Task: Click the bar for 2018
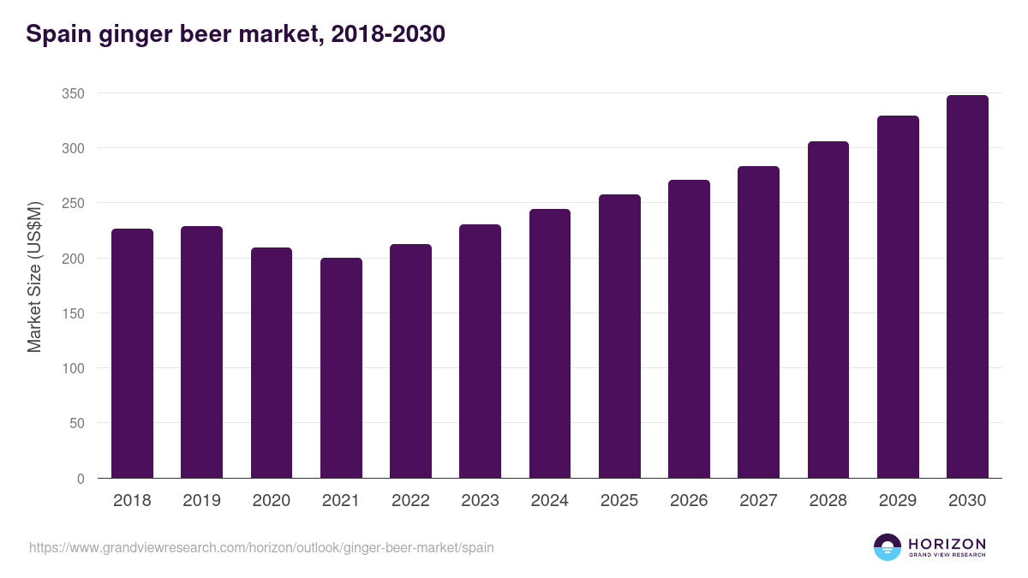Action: coord(132,353)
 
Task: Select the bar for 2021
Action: coord(341,367)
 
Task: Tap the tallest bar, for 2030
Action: coord(967,286)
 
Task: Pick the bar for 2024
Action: coord(550,343)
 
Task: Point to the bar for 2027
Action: coord(758,322)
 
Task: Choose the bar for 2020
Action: coord(272,362)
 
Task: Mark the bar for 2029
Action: coord(898,296)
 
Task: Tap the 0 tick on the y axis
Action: coord(81,479)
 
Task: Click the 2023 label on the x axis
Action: coord(480,501)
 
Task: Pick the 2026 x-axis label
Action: coord(689,501)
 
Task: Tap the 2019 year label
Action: coord(201,501)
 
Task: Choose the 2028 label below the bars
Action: coord(828,501)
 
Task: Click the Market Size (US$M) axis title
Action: coord(34,277)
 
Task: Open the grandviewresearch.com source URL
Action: coord(261,547)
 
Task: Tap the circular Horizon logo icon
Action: coord(888,547)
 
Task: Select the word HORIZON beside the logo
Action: coord(947,543)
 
